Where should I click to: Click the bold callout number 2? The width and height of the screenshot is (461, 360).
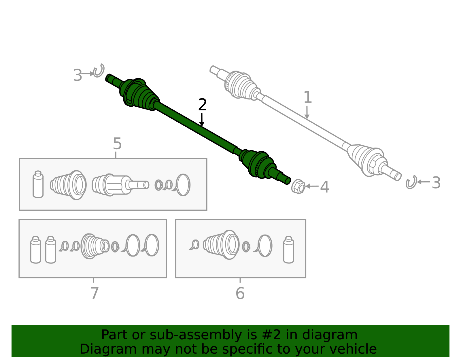202,105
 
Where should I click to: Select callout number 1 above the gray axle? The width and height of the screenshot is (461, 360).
307,97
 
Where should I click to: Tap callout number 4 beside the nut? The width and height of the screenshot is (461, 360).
324,187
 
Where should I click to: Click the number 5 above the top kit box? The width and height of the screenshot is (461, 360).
117,144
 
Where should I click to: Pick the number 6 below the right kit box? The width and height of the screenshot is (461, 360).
240,293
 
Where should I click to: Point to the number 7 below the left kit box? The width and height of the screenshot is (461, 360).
94,293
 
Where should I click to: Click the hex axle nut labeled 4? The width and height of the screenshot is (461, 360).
298,186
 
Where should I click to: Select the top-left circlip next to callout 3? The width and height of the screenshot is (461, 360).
99,71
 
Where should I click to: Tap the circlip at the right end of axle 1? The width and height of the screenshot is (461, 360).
411,182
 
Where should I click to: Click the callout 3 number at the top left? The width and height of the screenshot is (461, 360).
77,76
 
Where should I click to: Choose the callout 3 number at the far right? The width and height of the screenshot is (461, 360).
436,183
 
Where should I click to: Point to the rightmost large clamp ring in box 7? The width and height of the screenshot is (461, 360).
151,246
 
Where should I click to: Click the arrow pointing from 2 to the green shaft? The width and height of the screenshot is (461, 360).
202,120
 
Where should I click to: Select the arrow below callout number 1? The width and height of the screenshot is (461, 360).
307,112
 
